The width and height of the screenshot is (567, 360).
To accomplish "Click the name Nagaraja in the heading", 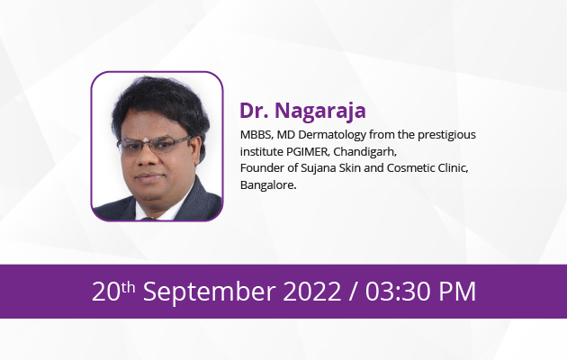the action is tap(320, 111).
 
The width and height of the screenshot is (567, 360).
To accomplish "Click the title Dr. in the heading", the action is tap(254, 110).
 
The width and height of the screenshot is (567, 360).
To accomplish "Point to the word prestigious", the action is tap(447, 135).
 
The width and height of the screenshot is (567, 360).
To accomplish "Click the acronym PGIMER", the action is tap(308, 152).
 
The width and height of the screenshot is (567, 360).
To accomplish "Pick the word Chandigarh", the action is tap(364, 152).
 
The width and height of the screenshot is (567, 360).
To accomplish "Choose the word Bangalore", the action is tap(268, 185).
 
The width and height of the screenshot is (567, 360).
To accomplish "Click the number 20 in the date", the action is tap(106, 292).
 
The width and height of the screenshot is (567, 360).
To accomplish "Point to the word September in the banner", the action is tap(209, 292).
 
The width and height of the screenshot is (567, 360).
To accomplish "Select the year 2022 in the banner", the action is tap(312, 292).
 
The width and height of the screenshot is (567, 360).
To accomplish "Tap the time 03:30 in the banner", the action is tap(398, 292).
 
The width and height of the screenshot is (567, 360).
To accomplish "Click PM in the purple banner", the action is tap(457, 292).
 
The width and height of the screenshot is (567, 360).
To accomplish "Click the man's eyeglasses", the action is tap(154, 145).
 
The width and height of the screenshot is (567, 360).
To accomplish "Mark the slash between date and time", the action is tap(353, 292).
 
